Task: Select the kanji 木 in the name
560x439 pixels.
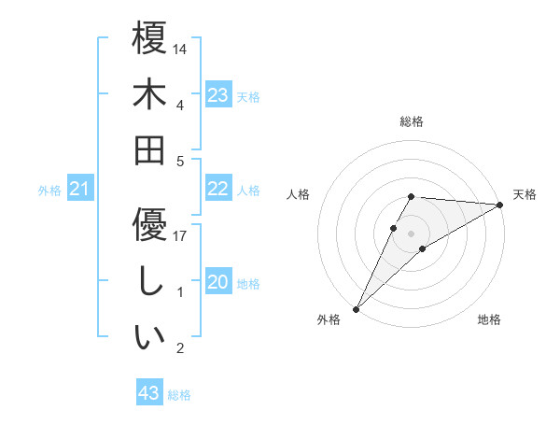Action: click(x=149, y=95)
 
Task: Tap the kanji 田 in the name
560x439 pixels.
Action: click(x=149, y=149)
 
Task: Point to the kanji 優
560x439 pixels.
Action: click(x=149, y=223)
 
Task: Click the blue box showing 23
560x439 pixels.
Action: click(x=218, y=95)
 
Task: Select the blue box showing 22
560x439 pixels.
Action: click(x=218, y=189)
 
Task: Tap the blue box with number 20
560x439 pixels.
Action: click(x=218, y=282)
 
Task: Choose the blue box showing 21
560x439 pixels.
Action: click(x=80, y=190)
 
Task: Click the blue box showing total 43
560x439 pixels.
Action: click(x=149, y=393)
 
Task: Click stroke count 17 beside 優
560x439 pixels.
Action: click(x=181, y=236)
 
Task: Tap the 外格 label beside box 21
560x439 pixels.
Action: click(x=49, y=191)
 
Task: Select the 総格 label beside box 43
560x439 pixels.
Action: click(x=179, y=395)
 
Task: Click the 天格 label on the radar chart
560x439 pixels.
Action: click(x=525, y=194)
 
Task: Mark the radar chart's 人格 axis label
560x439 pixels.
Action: click(x=298, y=194)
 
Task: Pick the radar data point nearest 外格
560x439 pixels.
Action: click(x=356, y=308)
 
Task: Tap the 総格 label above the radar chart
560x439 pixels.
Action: click(x=411, y=121)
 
